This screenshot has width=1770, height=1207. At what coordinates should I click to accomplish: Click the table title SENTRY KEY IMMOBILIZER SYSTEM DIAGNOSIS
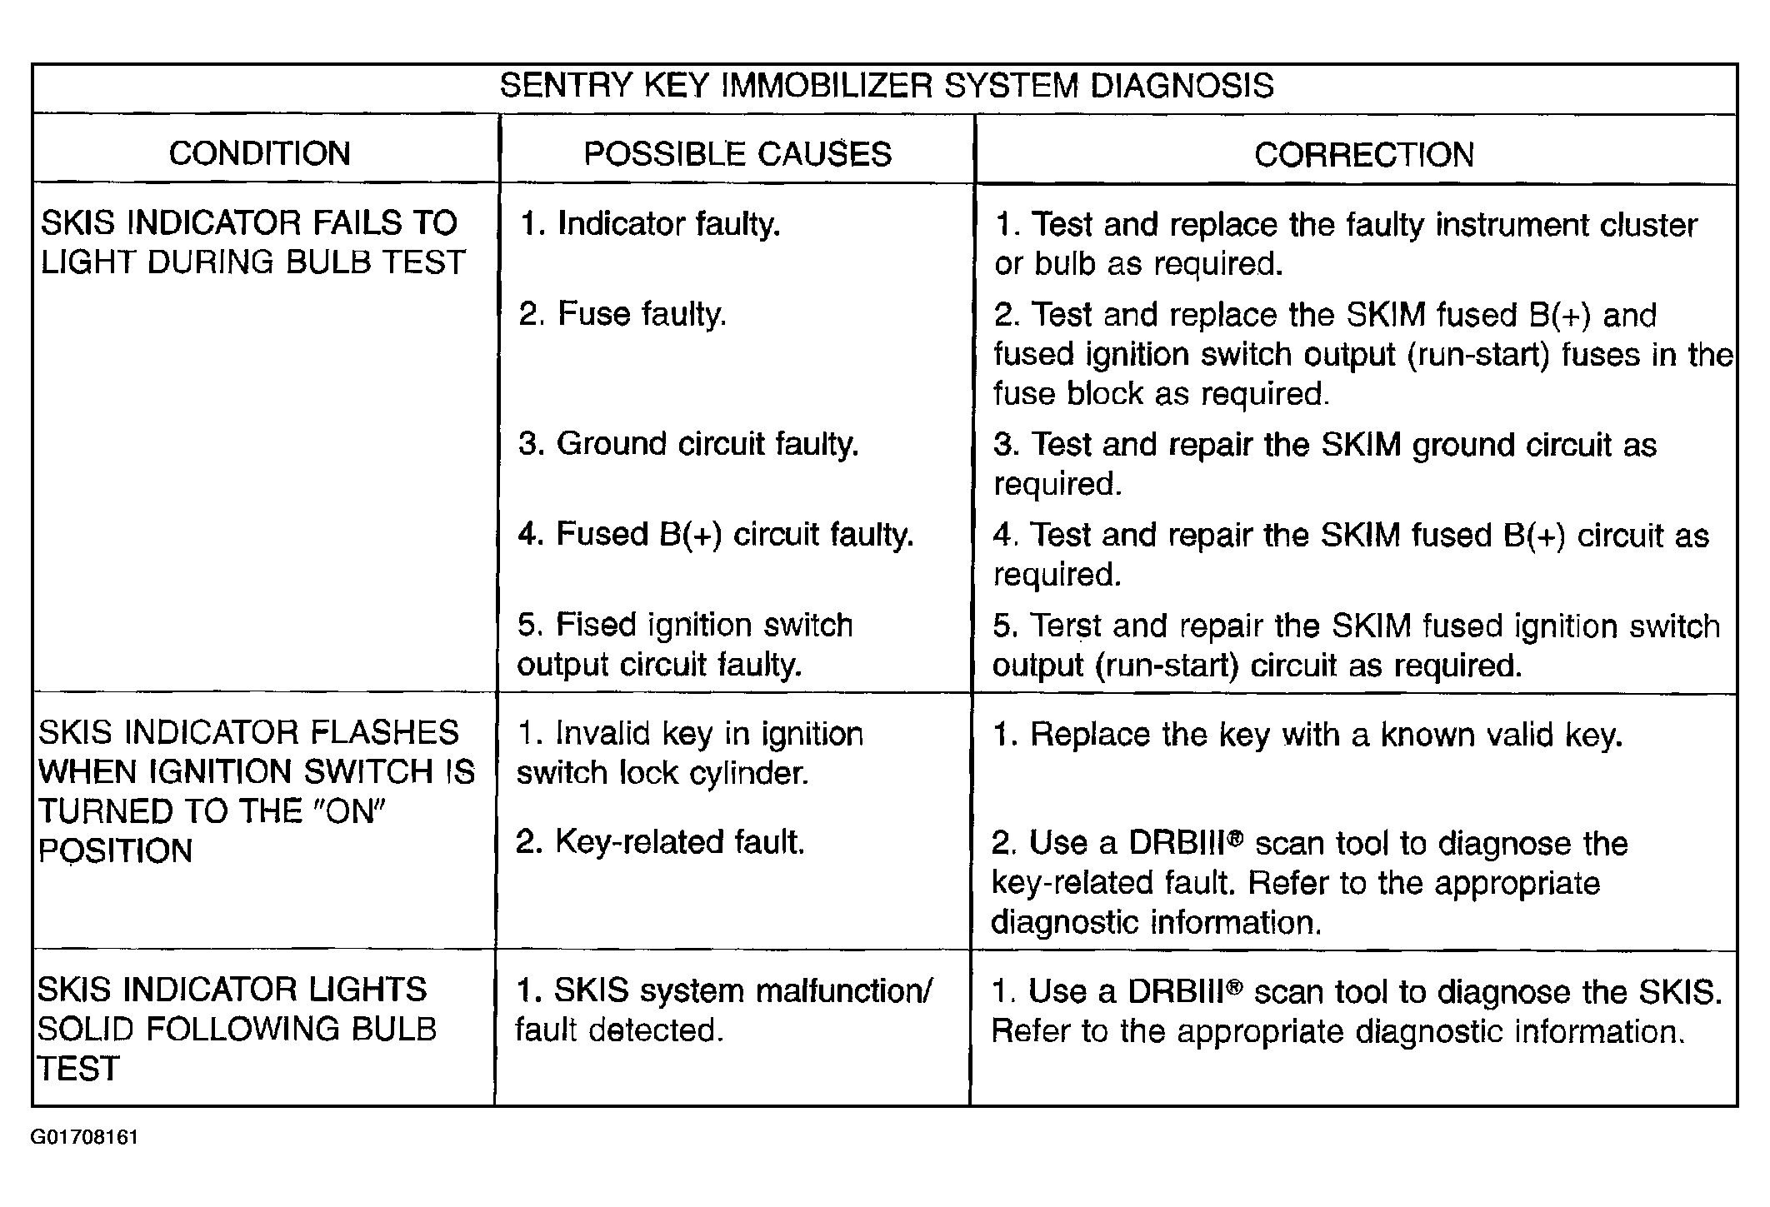[887, 87]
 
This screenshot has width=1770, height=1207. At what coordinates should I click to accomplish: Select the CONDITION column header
[260, 154]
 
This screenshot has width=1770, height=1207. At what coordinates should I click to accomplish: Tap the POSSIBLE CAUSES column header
[737, 154]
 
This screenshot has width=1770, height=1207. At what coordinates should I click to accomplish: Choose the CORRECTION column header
[1364, 155]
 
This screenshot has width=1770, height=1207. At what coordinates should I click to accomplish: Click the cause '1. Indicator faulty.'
[650, 225]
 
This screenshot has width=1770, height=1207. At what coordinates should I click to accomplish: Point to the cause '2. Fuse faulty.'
[622, 315]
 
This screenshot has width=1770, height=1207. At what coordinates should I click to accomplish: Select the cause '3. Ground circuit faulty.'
[688, 445]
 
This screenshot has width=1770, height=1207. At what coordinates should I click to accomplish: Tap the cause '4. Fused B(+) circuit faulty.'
[716, 535]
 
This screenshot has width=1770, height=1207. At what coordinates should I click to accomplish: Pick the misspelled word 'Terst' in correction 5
[1066, 626]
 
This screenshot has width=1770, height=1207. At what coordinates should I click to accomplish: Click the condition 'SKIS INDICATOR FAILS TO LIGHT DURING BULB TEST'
[252, 243]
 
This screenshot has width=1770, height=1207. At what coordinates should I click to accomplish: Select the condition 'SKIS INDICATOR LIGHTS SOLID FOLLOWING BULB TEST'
[237, 1030]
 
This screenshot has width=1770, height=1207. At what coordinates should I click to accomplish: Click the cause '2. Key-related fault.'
[661, 842]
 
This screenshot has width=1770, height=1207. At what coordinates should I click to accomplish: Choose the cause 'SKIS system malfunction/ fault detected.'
[724, 1010]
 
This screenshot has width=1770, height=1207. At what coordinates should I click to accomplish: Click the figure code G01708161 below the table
[85, 1138]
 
